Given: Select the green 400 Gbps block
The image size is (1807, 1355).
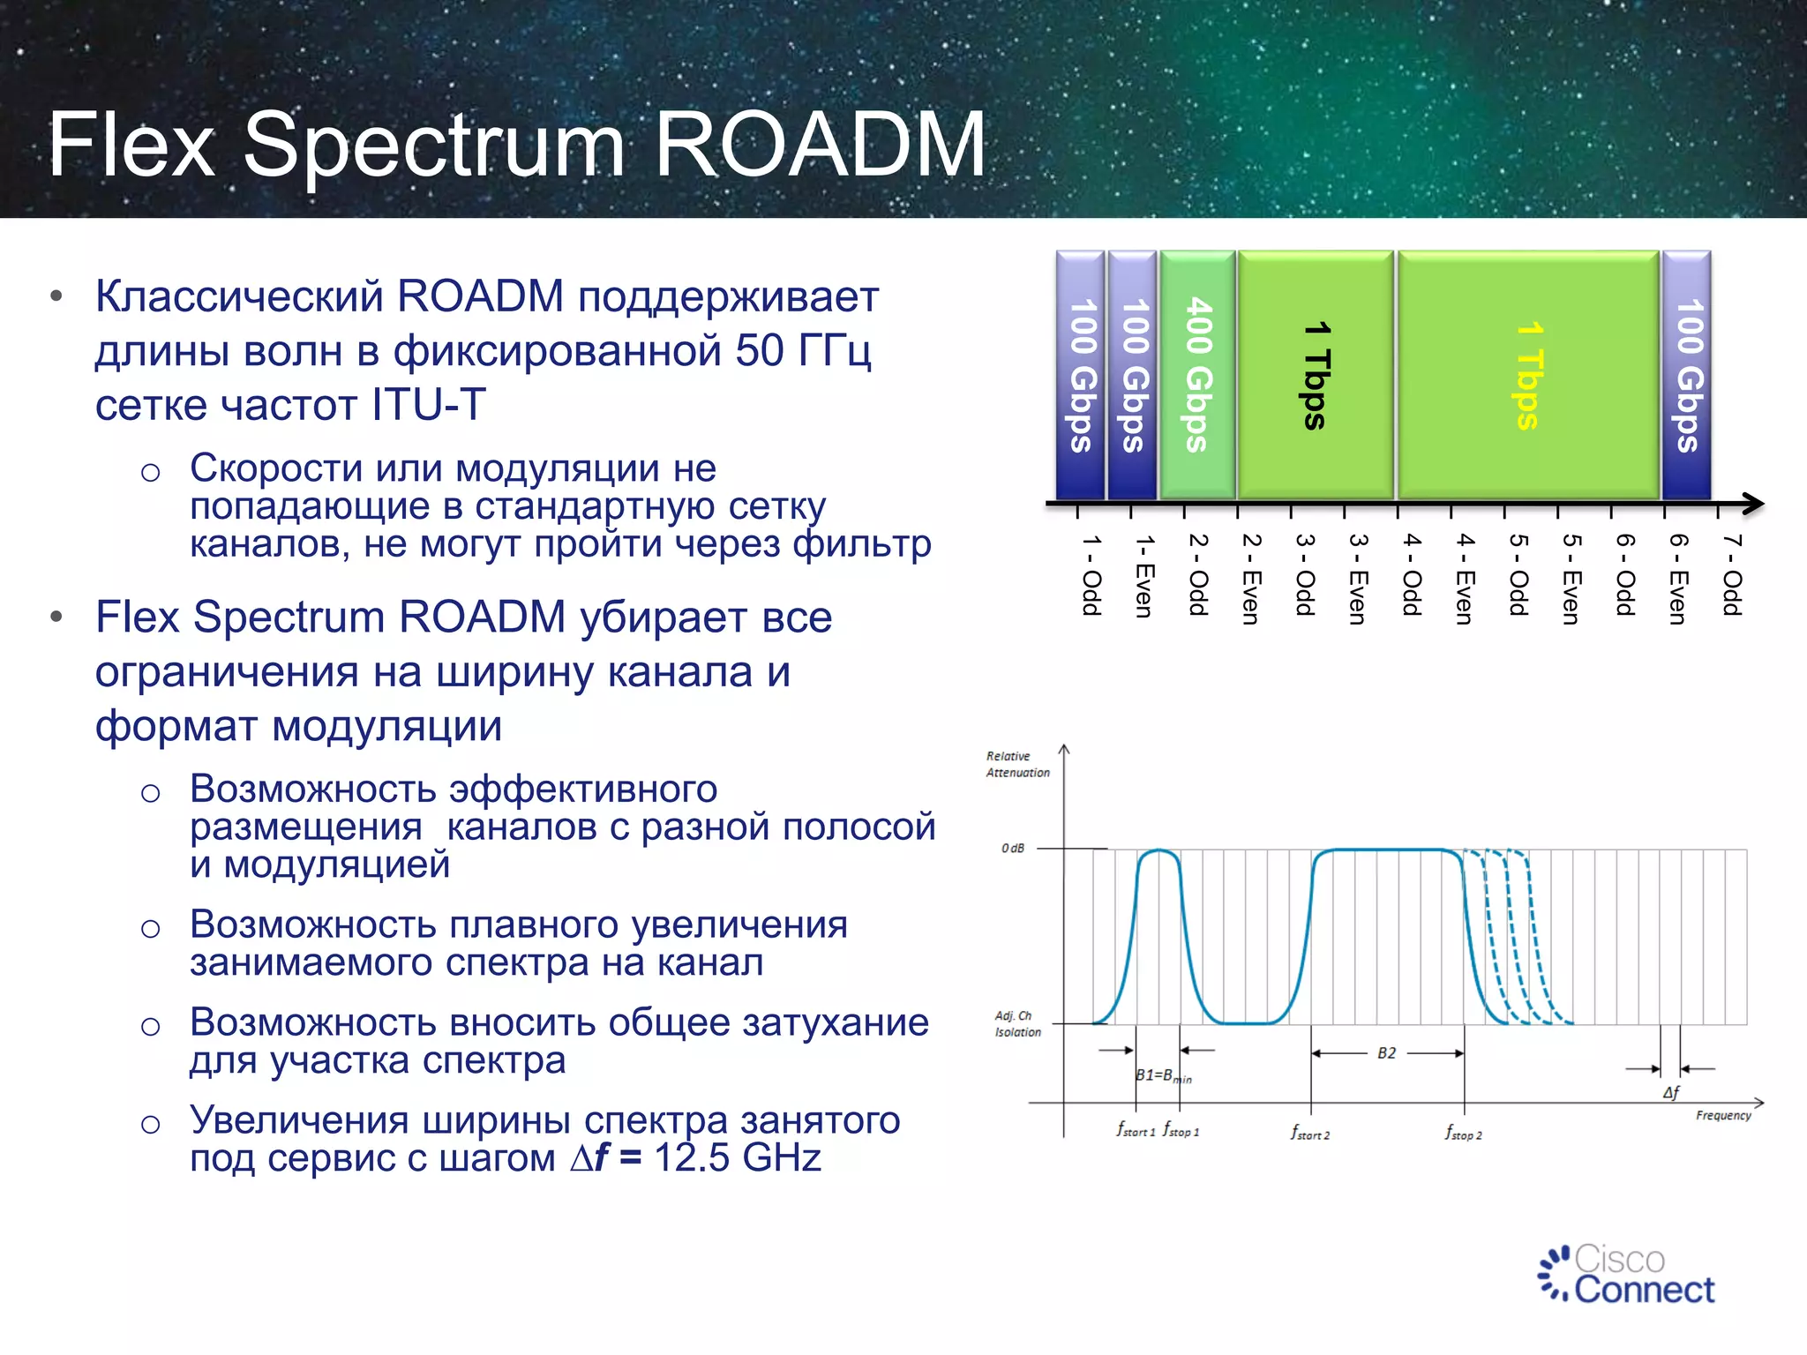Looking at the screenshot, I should (x=1197, y=375).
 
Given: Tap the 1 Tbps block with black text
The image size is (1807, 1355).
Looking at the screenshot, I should (x=1316, y=375).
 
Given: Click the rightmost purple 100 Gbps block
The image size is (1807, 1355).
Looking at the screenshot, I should (x=1687, y=375).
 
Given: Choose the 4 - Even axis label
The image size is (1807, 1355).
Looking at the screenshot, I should (x=1465, y=578).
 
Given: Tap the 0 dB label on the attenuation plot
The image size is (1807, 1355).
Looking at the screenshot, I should (x=1013, y=849).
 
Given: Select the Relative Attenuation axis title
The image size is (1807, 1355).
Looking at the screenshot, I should (x=1017, y=764).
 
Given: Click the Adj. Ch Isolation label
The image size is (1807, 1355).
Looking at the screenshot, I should (x=1017, y=1023).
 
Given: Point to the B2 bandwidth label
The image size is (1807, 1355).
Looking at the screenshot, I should (x=1386, y=1053).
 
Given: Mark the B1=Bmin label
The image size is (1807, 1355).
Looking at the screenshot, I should (x=1162, y=1075).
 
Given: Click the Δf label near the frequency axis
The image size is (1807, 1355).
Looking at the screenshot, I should (x=1670, y=1092).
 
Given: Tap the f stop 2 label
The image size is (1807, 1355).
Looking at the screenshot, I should (x=1463, y=1133).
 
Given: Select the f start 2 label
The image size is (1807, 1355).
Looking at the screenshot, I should (x=1309, y=1133).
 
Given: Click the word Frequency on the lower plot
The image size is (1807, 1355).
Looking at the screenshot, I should (x=1722, y=1116).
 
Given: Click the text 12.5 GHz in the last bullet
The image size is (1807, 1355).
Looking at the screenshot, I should (x=738, y=1157).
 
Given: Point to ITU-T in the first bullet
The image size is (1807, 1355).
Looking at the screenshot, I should (x=429, y=405).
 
